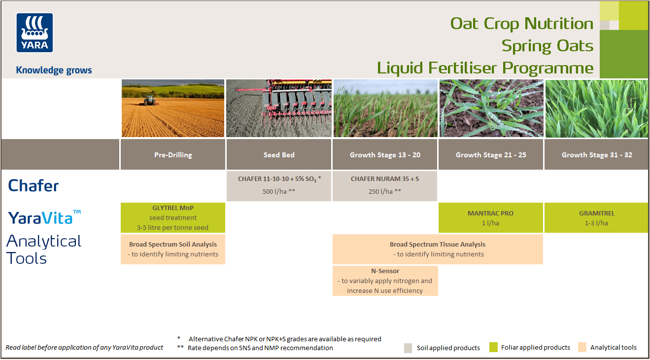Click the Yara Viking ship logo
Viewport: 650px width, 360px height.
[34, 32]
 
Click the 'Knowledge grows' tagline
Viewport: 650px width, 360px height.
[54, 70]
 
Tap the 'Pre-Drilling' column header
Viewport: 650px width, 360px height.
[173, 155]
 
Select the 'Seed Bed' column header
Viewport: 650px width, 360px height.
[279, 155]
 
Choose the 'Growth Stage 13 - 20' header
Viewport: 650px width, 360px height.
[385, 155]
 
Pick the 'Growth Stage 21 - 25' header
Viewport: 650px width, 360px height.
[491, 155]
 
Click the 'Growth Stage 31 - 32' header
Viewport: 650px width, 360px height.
[597, 155]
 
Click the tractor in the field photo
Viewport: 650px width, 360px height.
[149, 101]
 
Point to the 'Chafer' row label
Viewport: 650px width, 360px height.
[34, 186]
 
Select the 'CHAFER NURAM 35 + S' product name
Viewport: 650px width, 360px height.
[385, 179]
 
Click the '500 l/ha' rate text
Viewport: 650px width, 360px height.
[279, 191]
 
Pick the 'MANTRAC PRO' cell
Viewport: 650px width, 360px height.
[491, 218]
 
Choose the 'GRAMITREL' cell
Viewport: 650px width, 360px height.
[597, 218]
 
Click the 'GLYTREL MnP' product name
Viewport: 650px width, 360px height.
[173, 208]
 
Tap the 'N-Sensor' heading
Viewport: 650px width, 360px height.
[385, 271]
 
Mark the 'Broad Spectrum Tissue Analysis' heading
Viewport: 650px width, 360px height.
[438, 244]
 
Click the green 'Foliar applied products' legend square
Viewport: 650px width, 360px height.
[493, 347]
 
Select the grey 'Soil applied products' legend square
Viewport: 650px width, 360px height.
[408, 348]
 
